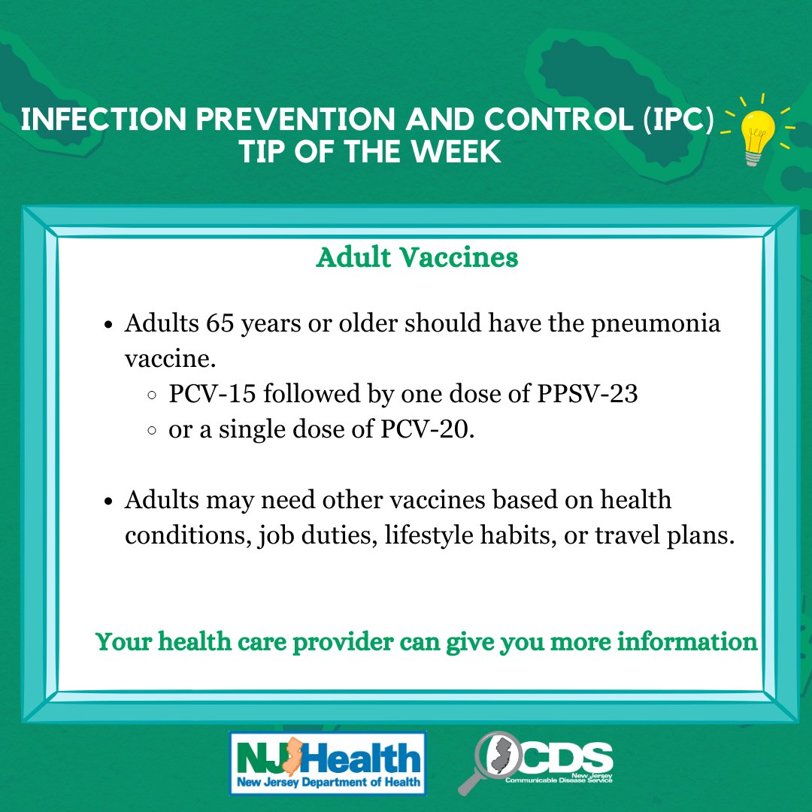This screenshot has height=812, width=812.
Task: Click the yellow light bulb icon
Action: pyautogui.click(x=758, y=135)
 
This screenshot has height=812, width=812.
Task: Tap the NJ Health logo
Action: pyautogui.click(x=327, y=763)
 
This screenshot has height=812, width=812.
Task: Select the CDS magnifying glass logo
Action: pyautogui.click(x=535, y=762)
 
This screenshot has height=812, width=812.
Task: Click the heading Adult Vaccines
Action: pyautogui.click(x=417, y=257)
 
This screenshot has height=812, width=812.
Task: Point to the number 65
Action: pyautogui.click(x=220, y=323)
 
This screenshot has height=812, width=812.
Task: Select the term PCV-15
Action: pyautogui.click(x=212, y=393)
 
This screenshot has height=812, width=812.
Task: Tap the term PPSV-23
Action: pyautogui.click(x=587, y=393)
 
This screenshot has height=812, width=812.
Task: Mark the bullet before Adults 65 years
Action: pyautogui.click(x=108, y=326)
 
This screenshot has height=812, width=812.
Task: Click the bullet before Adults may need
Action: pyautogui.click(x=108, y=501)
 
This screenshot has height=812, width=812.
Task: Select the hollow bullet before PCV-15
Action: pyautogui.click(x=152, y=395)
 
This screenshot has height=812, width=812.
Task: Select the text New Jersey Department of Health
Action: pyautogui.click(x=329, y=781)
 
